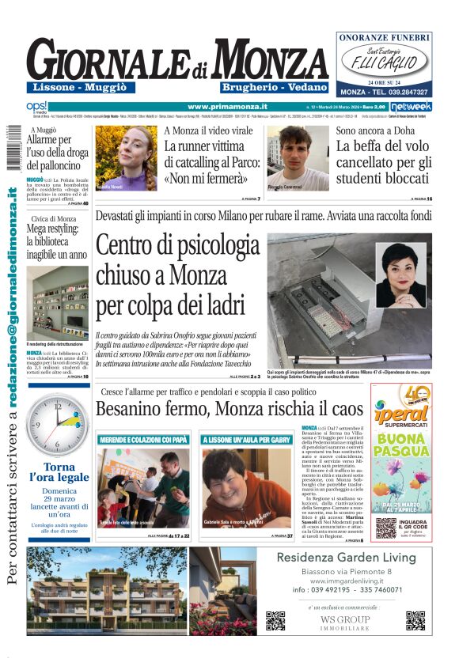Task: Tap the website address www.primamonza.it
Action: tap(227, 106)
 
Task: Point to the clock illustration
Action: tap(58, 425)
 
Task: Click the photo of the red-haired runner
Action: tap(126, 158)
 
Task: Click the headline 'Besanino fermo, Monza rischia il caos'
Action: tap(229, 409)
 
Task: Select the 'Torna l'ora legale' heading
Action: tap(59, 472)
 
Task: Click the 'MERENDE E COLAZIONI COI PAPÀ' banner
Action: tap(143, 439)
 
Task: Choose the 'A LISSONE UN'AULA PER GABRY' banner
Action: tap(246, 439)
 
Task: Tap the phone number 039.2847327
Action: tap(399, 92)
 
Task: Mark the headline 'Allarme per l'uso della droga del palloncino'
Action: tap(57, 152)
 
